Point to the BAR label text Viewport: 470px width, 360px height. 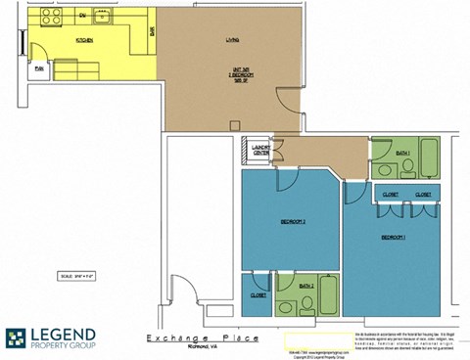pyautogui.click(x=151, y=31)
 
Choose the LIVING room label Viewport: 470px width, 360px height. pyautogui.click(x=232, y=39)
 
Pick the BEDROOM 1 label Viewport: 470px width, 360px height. pyautogui.click(x=394, y=237)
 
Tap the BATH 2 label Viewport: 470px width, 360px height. pyautogui.click(x=306, y=285)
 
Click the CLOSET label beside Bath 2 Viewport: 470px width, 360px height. pyautogui.click(x=258, y=294)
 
